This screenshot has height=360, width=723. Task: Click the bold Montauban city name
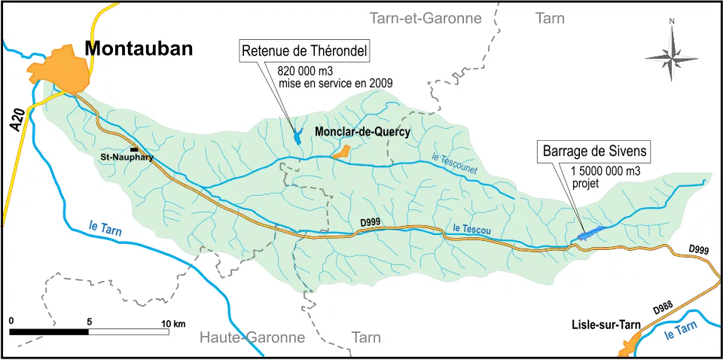point(139,49)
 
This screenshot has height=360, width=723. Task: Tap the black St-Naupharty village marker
point(133,150)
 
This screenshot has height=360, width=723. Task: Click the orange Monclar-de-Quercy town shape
point(341,152)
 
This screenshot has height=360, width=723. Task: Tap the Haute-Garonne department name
point(252,337)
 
